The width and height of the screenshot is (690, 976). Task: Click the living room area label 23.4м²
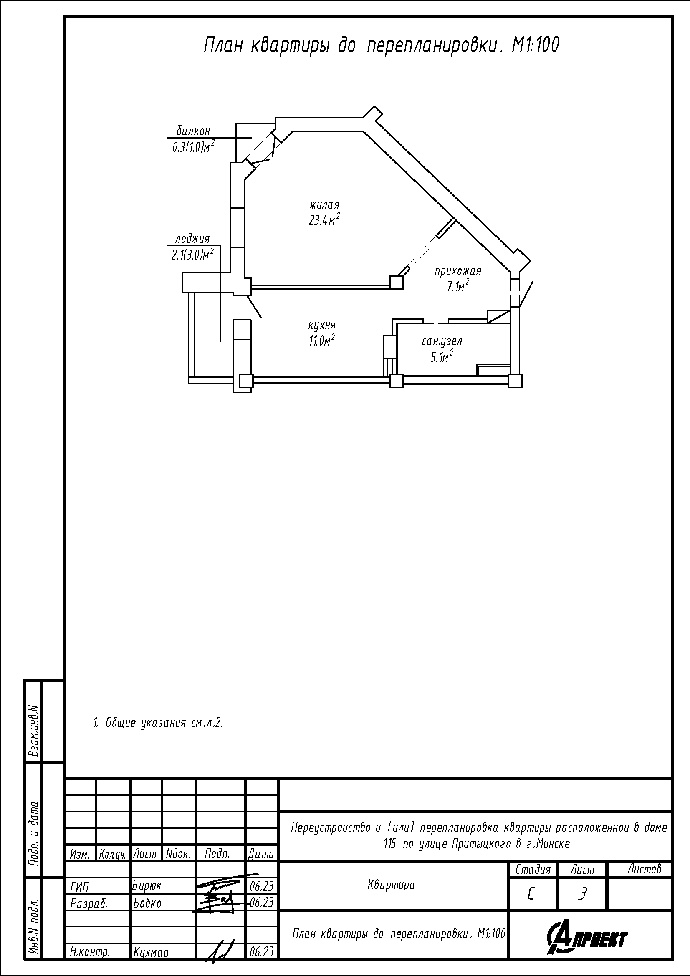click(324, 219)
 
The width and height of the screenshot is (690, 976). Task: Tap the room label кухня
click(322, 325)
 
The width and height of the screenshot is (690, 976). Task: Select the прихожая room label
click(458, 271)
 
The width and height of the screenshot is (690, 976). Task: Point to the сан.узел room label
click(442, 341)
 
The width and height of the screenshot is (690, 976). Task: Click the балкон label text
click(193, 131)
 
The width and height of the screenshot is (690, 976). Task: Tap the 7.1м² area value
click(457, 286)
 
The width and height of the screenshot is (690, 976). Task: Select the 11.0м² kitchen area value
click(322, 340)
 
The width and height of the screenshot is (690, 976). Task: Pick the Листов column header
click(645, 869)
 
